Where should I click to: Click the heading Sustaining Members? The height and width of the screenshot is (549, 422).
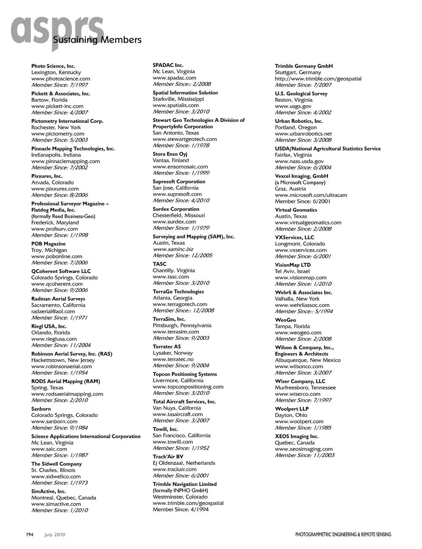click(97, 40)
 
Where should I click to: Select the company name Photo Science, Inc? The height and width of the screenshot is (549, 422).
click(53, 66)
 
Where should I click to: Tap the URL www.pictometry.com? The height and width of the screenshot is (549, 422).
click(58, 134)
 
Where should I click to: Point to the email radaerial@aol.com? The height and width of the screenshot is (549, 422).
click(53, 311)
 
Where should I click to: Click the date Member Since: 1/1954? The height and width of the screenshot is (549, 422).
click(59, 372)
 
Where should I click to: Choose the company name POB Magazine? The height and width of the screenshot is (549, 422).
click(48, 244)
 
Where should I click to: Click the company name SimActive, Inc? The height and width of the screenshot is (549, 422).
click(48, 491)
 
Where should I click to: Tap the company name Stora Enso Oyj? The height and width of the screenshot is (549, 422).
click(170, 154)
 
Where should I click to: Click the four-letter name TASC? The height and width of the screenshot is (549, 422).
click(160, 264)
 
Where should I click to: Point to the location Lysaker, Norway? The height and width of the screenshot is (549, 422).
click(172, 353)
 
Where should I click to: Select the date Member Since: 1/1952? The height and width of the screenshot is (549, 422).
click(181, 448)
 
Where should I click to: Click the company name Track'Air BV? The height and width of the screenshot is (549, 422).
click(168, 457)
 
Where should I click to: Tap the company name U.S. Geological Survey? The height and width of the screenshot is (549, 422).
click(301, 94)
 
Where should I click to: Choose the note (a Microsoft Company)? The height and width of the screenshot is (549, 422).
click(300, 182)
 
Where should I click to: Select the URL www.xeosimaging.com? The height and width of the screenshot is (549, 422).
click(304, 449)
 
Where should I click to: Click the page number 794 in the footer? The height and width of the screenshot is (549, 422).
click(29, 534)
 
